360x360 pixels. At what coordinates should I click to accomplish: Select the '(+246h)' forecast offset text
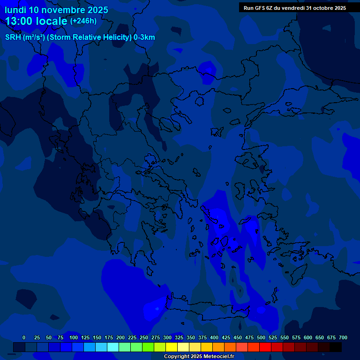pyautogui.click(x=83, y=21)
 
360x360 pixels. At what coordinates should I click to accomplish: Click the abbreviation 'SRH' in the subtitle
pyautogui.click(x=13, y=37)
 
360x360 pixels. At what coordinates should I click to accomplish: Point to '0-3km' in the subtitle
pyautogui.click(x=144, y=37)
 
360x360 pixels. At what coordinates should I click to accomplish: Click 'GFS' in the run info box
pyautogui.click(x=260, y=8)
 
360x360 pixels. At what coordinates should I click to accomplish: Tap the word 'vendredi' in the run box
pyautogui.click(x=292, y=8)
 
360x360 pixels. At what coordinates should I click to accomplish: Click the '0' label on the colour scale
pyautogui.click(x=24, y=337)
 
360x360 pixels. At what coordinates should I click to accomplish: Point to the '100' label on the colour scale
pyautogui.click(x=74, y=337)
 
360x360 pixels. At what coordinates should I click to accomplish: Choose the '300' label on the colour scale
pyautogui.click(x=167, y=337)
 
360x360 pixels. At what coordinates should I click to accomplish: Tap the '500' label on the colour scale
pyautogui.click(x=261, y=337)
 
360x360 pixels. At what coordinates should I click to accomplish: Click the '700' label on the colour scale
pyautogui.click(x=343, y=337)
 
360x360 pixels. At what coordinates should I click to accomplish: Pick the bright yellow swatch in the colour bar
pyautogui.click(x=172, y=347)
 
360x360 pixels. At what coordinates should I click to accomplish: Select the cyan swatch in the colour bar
pyautogui.click(x=113, y=347)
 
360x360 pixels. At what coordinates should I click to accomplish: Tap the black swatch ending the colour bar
pyautogui.click(x=336, y=347)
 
